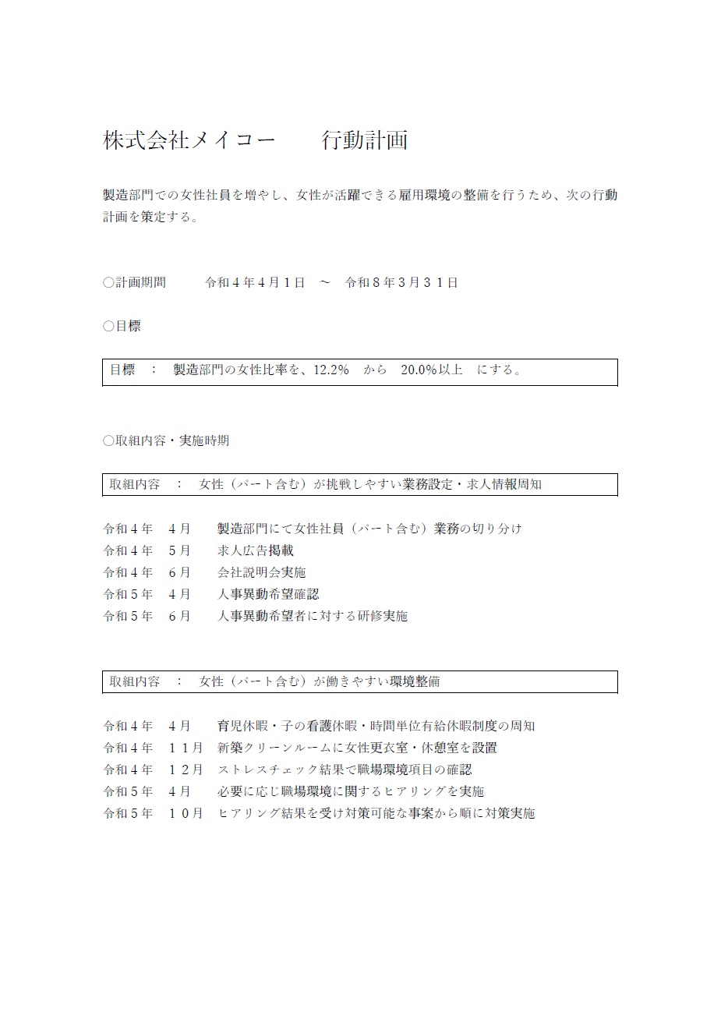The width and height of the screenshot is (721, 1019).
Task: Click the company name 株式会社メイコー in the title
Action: point(189,140)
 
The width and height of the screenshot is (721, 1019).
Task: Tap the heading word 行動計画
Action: point(365,140)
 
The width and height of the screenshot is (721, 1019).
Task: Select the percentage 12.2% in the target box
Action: point(330,370)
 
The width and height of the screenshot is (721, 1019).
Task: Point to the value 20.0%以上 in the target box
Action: point(431,370)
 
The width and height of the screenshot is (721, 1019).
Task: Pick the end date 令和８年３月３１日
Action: point(401,282)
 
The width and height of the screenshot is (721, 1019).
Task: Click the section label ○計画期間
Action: point(134,282)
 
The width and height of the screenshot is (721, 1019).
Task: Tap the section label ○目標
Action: point(122,326)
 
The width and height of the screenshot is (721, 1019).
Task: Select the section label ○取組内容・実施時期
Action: point(165,441)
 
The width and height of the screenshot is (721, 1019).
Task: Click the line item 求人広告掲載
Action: point(256,550)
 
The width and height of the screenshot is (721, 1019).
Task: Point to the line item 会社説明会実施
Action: point(262,572)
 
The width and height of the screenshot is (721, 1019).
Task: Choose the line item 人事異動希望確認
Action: point(268,594)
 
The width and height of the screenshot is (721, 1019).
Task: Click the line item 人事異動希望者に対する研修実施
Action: point(313,616)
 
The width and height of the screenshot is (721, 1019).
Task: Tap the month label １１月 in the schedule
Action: point(186,748)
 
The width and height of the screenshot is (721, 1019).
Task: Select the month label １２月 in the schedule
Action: point(186,770)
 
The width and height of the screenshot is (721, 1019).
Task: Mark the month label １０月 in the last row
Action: point(186,813)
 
